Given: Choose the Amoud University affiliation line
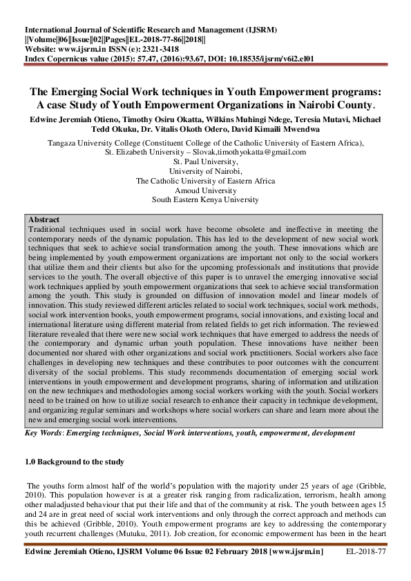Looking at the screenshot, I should pos(205,190).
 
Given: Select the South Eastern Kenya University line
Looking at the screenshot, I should pos(205,200).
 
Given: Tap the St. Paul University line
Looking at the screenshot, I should pos(205,161).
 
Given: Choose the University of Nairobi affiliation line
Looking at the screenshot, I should pos(205,171).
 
